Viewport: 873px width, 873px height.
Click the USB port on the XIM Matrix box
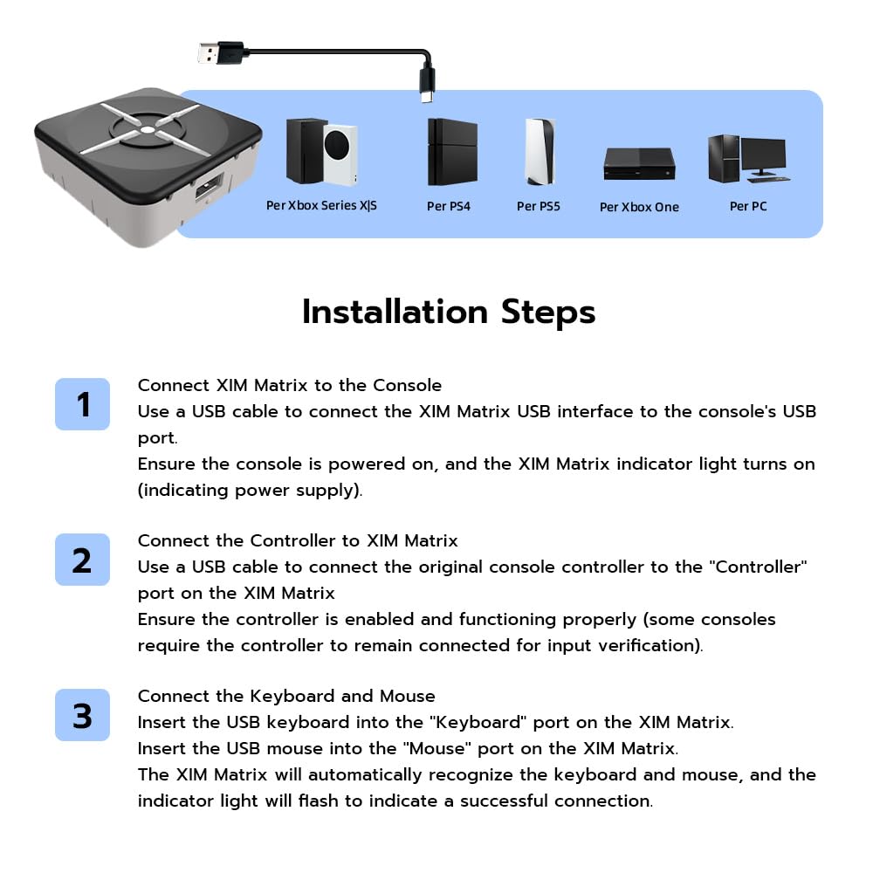pyautogui.click(x=210, y=187)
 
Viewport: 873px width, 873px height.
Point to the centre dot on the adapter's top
pyautogui.click(x=147, y=130)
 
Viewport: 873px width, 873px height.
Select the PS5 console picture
pyautogui.click(x=539, y=151)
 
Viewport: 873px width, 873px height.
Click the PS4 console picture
pyautogui.click(x=452, y=151)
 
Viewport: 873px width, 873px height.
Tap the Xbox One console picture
pyautogui.click(x=639, y=164)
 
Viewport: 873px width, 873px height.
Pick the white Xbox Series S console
pyautogui.click(x=339, y=155)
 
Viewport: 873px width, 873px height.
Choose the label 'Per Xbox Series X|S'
pyautogui.click(x=321, y=205)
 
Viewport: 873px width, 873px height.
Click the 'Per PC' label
pyautogui.click(x=748, y=206)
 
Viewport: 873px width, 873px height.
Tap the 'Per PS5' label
pyautogui.click(x=538, y=206)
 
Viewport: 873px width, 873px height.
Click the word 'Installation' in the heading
pyautogui.click(x=395, y=312)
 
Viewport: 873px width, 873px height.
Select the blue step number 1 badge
pyautogui.click(x=82, y=403)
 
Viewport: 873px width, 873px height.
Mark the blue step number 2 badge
pyautogui.click(x=82, y=559)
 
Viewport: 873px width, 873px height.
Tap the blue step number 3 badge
pyautogui.click(x=82, y=714)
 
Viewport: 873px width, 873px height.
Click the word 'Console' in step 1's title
pyautogui.click(x=407, y=385)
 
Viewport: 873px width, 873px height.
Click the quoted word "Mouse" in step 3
pyautogui.click(x=437, y=748)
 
